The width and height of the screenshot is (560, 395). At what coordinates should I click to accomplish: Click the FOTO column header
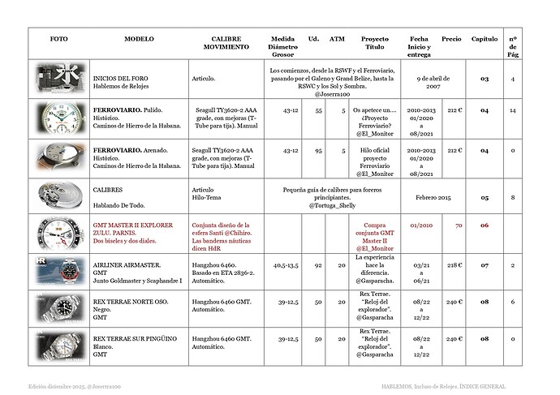click(58, 39)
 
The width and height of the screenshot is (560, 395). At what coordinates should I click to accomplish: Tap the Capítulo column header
click(485, 39)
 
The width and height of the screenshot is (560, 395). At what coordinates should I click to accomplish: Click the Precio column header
click(451, 39)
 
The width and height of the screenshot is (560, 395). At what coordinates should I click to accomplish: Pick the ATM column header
click(337, 39)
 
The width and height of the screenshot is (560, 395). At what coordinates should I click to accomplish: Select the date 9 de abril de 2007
click(439, 79)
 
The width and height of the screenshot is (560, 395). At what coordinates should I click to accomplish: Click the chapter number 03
click(485, 79)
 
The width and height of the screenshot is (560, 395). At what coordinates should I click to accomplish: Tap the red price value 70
click(459, 225)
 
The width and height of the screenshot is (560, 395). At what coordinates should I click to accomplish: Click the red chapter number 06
click(485, 225)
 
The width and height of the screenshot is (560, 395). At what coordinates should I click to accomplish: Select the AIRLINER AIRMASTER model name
click(127, 264)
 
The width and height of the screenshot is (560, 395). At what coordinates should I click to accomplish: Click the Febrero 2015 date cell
click(439, 195)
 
